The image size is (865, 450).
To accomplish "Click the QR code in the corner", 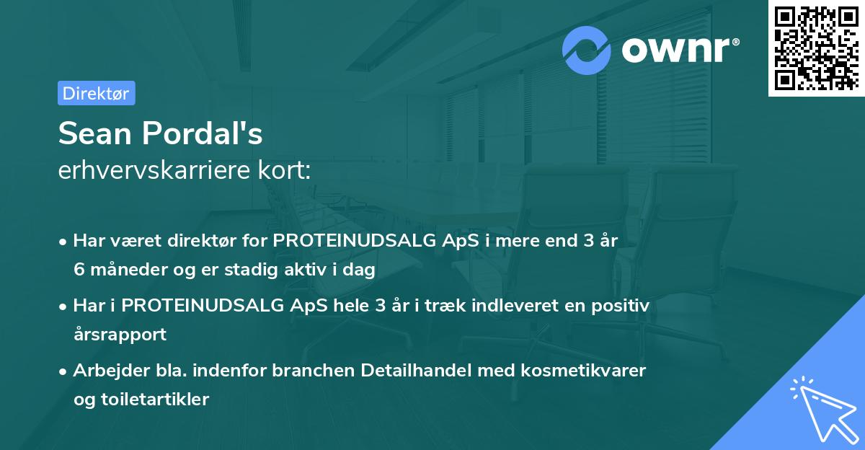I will click(816, 48).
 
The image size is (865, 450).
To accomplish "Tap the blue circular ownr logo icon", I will click(587, 49).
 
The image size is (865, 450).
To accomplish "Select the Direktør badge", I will click(96, 93).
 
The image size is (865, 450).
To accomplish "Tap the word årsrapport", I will click(120, 335).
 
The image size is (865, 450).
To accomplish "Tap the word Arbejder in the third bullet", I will click(105, 371).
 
